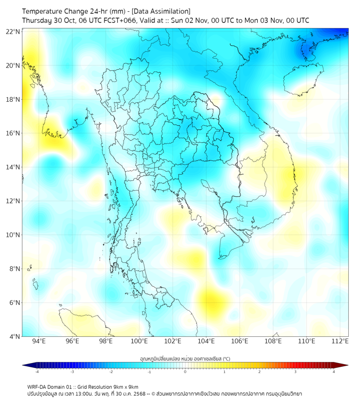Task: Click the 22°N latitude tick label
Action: pos(13,31)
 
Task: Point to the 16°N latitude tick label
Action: pos(13,133)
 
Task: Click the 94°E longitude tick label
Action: pos(39,341)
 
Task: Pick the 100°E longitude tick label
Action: pos(139,341)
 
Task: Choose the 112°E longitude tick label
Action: pos(340,341)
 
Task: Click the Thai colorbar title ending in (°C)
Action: pos(185,358)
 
